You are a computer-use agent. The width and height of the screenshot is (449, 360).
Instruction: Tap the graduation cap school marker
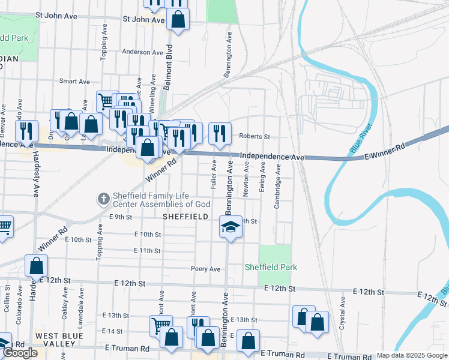(230, 227)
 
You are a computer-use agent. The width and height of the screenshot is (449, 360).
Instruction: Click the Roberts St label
(255, 136)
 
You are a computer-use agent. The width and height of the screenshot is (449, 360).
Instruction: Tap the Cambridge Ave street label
(277, 187)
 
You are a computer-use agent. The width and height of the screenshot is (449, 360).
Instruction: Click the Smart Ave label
(74, 82)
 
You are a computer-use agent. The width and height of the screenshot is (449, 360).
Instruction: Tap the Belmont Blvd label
(169, 67)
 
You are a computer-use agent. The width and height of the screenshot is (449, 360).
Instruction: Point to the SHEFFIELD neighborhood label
(185, 216)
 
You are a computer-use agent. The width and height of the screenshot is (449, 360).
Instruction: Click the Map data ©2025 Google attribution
(412, 355)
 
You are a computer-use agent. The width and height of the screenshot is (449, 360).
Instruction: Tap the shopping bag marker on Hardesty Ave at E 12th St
(37, 265)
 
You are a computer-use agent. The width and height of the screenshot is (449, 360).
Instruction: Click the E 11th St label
(147, 251)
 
